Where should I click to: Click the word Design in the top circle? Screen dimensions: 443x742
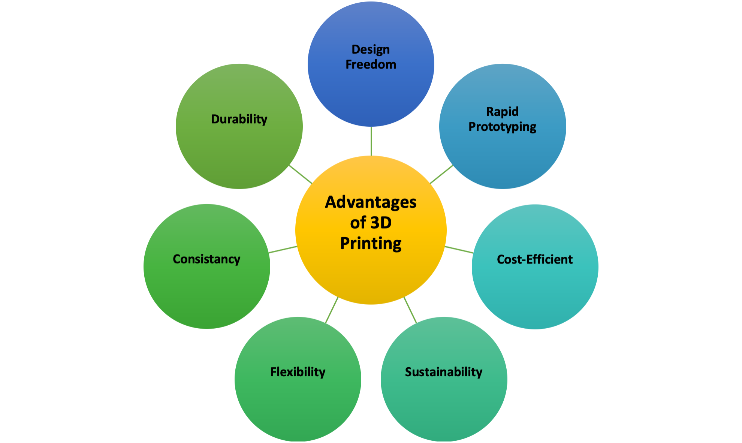pos(371,49)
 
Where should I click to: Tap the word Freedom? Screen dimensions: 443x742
pos(371,64)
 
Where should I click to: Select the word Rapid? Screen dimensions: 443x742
pos(502,112)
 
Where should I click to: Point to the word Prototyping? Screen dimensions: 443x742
pos(502,127)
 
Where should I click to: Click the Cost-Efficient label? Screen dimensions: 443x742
pos(535,259)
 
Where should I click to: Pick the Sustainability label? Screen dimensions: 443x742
pos(444,372)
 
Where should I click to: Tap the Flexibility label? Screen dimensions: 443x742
pos(298,372)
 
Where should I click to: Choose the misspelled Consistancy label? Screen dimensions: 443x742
pos(206,259)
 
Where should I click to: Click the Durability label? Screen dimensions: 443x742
pos(239,119)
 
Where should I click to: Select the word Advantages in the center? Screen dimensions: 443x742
pos(371,202)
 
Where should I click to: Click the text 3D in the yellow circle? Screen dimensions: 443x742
pos(381,223)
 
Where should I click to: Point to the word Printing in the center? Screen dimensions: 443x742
pos(371,243)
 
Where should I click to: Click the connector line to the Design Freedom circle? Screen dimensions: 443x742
pos(371,141)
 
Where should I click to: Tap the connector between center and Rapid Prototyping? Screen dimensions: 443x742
pos(441,174)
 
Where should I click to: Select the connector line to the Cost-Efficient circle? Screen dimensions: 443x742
pos(459,250)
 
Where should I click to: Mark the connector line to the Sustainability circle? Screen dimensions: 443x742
pos(410,310)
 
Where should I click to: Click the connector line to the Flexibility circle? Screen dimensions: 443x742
pos(332,310)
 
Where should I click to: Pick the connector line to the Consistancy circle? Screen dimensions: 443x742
pos(283,250)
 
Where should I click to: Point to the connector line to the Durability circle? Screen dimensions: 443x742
pos(301,175)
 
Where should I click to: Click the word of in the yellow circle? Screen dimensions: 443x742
pos(358,223)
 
